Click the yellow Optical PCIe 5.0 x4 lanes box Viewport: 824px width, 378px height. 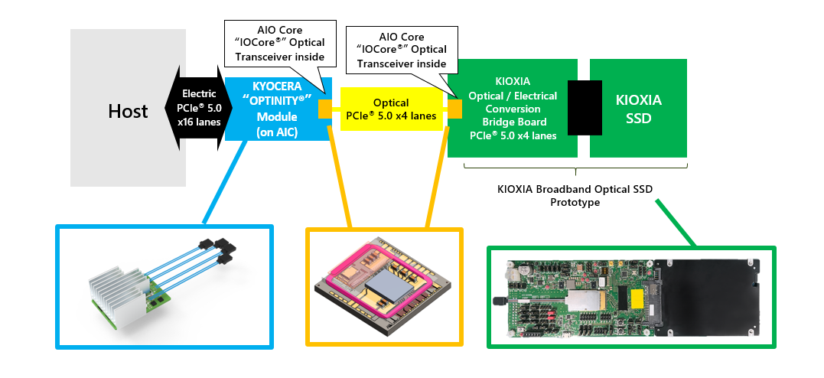[x=389, y=109]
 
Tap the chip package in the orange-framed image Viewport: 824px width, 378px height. [x=383, y=287]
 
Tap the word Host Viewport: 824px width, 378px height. [x=128, y=111]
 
